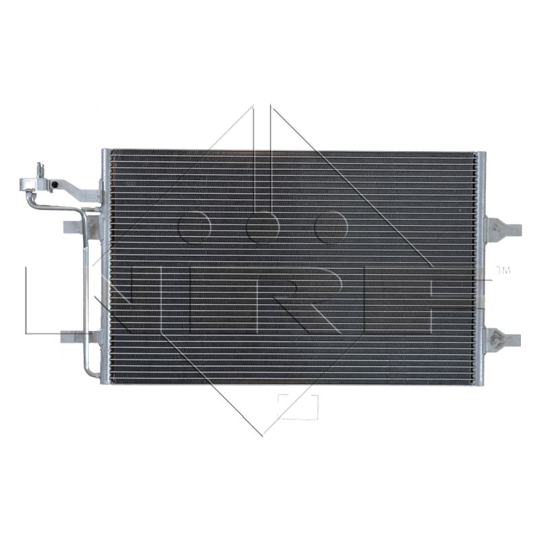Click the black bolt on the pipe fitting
[x=55, y=185]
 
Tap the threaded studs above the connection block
[x=41, y=170]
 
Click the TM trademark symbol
[x=503, y=271]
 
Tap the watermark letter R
[x=301, y=299]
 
